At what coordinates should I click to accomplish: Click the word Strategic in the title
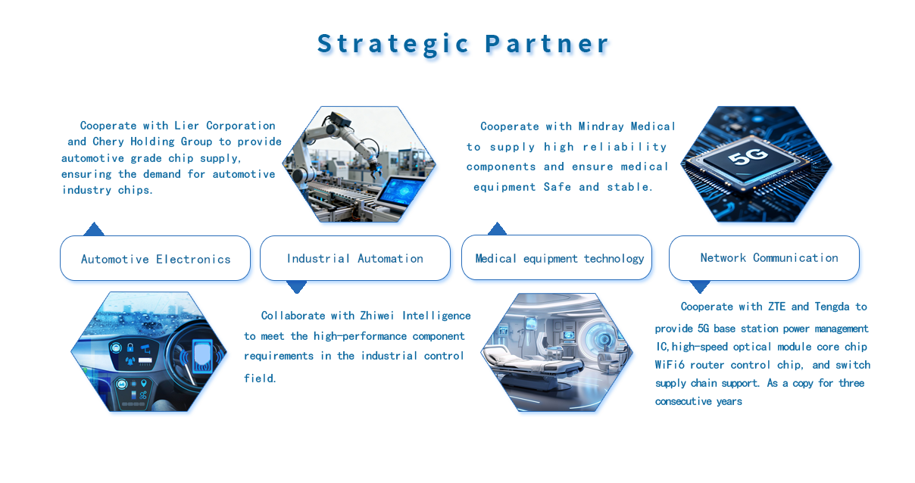(393, 44)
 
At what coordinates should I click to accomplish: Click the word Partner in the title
(548, 44)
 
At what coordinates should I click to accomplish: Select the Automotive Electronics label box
(155, 258)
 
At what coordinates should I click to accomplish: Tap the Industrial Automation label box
(355, 258)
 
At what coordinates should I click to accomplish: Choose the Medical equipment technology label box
(557, 257)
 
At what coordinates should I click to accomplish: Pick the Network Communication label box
(764, 258)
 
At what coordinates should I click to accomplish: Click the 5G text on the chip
(748, 155)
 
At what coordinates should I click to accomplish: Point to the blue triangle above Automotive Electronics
(94, 229)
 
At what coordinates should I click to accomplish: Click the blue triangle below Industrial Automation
(297, 287)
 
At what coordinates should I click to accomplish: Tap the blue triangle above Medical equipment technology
(497, 229)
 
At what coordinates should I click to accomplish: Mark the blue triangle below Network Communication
(700, 287)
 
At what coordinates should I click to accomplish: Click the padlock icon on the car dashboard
(130, 347)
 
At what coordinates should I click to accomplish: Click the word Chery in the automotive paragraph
(108, 142)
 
